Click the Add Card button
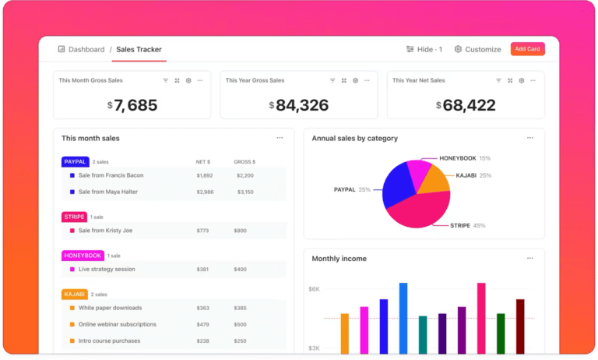527,49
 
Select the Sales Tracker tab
139,49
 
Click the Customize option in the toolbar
477,49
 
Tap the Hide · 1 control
424,49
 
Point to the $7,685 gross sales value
132,104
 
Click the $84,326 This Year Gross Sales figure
299,104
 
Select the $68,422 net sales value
466,104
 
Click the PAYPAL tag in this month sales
75,162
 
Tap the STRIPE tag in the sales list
73,217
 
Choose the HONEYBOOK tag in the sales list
82,256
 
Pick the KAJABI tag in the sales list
74,295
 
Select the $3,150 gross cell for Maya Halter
244,192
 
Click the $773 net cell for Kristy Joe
203,231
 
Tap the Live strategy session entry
107,270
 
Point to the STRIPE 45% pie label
467,225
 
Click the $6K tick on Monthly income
314,288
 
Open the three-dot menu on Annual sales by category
529,138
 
